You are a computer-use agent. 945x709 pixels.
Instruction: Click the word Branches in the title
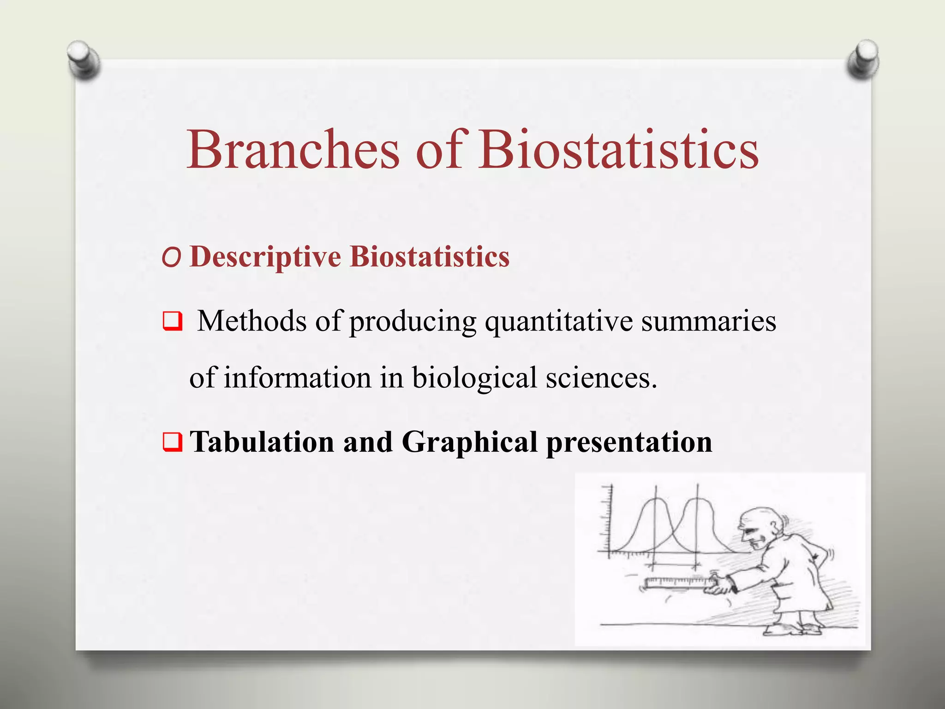click(293, 150)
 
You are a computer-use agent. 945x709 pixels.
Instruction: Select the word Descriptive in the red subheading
click(265, 257)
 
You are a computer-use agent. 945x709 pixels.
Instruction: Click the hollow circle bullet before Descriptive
click(171, 259)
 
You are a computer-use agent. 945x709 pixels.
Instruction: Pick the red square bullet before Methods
click(172, 321)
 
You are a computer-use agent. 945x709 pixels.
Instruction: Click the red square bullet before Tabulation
click(172, 442)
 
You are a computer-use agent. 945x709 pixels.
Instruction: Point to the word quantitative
click(558, 321)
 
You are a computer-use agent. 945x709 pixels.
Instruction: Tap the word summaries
click(708, 321)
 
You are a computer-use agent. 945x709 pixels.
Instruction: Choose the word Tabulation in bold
click(262, 442)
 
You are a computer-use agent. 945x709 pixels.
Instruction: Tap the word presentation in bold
click(629, 442)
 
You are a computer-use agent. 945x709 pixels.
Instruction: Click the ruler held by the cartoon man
click(676, 583)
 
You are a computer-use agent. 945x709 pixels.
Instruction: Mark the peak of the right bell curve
click(697, 499)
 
